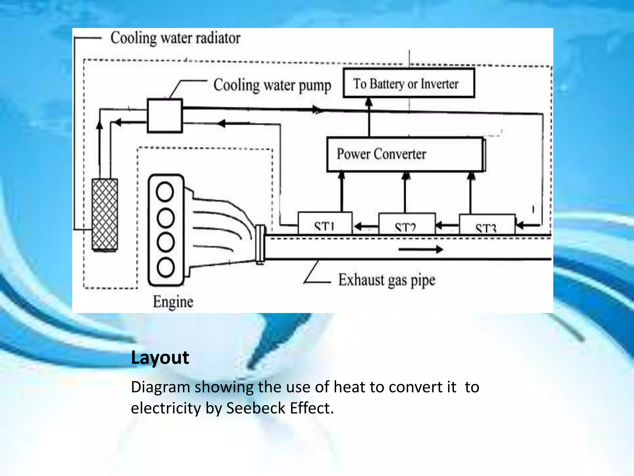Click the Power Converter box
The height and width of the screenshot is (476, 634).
[x=406, y=154]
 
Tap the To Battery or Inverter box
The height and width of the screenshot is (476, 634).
[x=409, y=83]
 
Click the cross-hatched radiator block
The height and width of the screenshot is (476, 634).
[x=105, y=214]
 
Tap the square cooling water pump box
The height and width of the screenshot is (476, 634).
[x=165, y=116]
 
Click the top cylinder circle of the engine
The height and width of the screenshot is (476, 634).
[x=165, y=191]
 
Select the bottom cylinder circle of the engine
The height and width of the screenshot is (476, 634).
[x=165, y=267]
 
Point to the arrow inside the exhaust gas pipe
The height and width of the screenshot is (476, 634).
[x=421, y=249]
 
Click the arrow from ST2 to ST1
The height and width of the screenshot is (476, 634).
[x=366, y=227]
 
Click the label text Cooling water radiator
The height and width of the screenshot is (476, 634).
[x=175, y=38]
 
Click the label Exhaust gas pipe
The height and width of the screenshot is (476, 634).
[x=387, y=280]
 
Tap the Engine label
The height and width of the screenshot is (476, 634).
[x=173, y=302]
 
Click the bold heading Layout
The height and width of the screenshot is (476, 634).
[x=160, y=358]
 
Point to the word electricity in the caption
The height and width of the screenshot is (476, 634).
[x=166, y=408]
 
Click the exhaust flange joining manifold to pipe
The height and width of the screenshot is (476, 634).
[x=260, y=245]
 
